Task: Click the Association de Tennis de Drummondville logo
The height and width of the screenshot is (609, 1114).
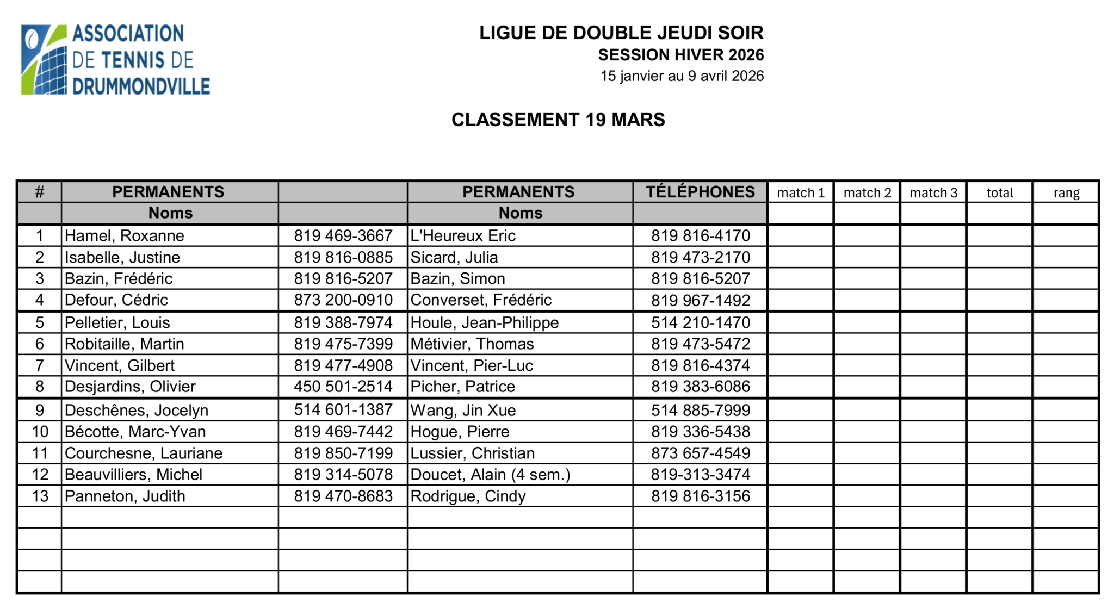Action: pos(115,60)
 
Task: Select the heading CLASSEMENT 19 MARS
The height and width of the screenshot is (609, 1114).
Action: pos(558,120)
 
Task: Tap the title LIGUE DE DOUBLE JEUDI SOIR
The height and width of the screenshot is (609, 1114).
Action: pos(621,33)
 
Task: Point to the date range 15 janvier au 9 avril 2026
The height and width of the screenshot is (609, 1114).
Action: pos(682,76)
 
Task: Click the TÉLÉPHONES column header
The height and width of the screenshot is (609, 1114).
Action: pos(700,192)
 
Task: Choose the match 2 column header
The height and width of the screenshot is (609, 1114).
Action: pos(867,193)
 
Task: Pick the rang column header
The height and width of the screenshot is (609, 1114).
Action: pos(1066,193)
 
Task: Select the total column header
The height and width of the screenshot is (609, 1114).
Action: pos(1000,193)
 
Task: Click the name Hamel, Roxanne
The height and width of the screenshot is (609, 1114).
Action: pos(125,235)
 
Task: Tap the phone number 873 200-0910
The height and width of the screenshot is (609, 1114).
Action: pos(343,300)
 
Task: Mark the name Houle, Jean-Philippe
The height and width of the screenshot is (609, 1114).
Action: pos(484,322)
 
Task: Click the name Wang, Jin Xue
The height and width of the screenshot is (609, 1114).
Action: pos(463,410)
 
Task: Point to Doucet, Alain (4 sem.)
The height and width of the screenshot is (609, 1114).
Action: pos(490,475)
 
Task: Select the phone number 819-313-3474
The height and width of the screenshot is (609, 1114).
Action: pos(701,475)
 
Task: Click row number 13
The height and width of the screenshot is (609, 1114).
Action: pos(40,496)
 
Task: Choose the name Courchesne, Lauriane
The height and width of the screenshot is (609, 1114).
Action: pos(144,453)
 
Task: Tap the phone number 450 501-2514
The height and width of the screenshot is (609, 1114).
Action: pos(343,387)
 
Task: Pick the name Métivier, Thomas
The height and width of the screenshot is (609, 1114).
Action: pos(472,344)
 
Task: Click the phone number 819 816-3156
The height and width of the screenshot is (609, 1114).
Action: pos(701,496)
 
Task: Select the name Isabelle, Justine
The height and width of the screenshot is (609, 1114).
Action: pos(122,257)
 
